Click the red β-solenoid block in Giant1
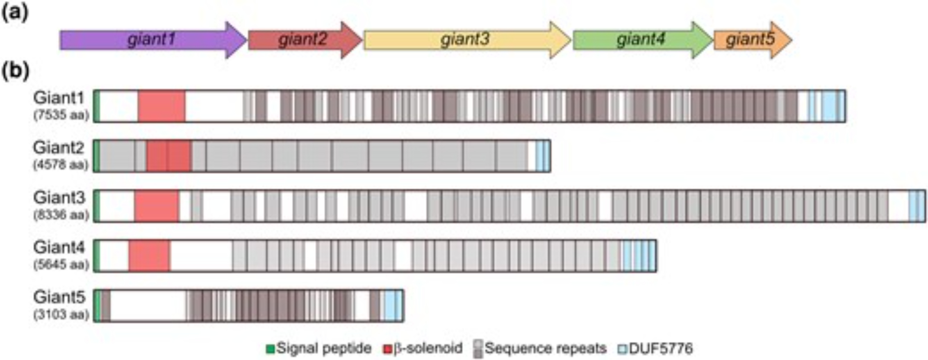pyautogui.click(x=161, y=106)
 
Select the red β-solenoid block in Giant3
pyautogui.click(x=156, y=206)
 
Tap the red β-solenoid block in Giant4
pyautogui.click(x=149, y=256)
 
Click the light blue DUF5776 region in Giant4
pyautogui.click(x=638, y=256)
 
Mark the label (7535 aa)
pyautogui.click(x=61, y=115)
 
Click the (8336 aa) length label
pyautogui.click(x=61, y=215)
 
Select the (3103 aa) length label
pyautogui.click(x=61, y=315)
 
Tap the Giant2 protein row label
pyautogui.click(x=59, y=148)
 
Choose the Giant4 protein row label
pyautogui.click(x=59, y=247)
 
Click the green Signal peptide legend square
pyautogui.click(x=270, y=348)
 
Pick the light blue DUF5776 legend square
pyautogui.click(x=622, y=348)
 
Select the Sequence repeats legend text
pyautogui.click(x=546, y=348)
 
